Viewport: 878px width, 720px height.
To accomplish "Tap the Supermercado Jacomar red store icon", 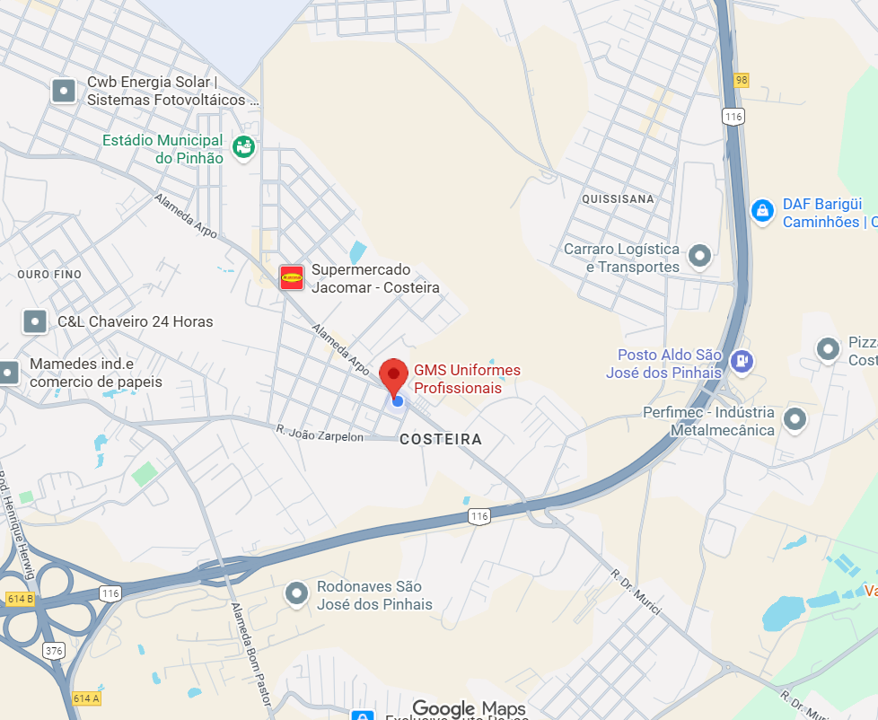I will tap(292, 277).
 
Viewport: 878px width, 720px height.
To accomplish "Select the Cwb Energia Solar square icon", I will tap(64, 91).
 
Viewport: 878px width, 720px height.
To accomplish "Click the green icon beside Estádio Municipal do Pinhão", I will tap(243, 147).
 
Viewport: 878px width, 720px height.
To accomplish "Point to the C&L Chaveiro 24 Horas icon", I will tap(35, 321).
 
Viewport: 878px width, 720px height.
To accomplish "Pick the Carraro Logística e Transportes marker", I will tap(699, 257).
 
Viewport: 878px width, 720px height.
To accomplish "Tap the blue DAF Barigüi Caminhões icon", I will tap(762, 211).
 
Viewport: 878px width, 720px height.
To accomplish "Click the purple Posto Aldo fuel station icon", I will tap(742, 361).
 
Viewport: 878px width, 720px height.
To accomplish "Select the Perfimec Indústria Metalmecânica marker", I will tap(795, 418).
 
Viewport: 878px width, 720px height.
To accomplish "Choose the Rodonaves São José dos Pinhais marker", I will tap(296, 593).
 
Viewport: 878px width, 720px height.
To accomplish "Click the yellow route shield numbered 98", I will tap(741, 80).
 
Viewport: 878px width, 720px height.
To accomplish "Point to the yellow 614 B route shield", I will tap(19, 598).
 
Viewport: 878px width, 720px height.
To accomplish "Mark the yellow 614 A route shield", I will tap(85, 698).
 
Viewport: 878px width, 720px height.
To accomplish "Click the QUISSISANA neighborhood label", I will tap(618, 198).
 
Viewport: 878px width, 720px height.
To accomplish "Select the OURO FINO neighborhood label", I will tap(49, 274).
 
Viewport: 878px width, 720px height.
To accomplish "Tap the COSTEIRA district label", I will tap(440, 440).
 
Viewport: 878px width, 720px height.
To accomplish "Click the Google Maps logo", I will tap(469, 709).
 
